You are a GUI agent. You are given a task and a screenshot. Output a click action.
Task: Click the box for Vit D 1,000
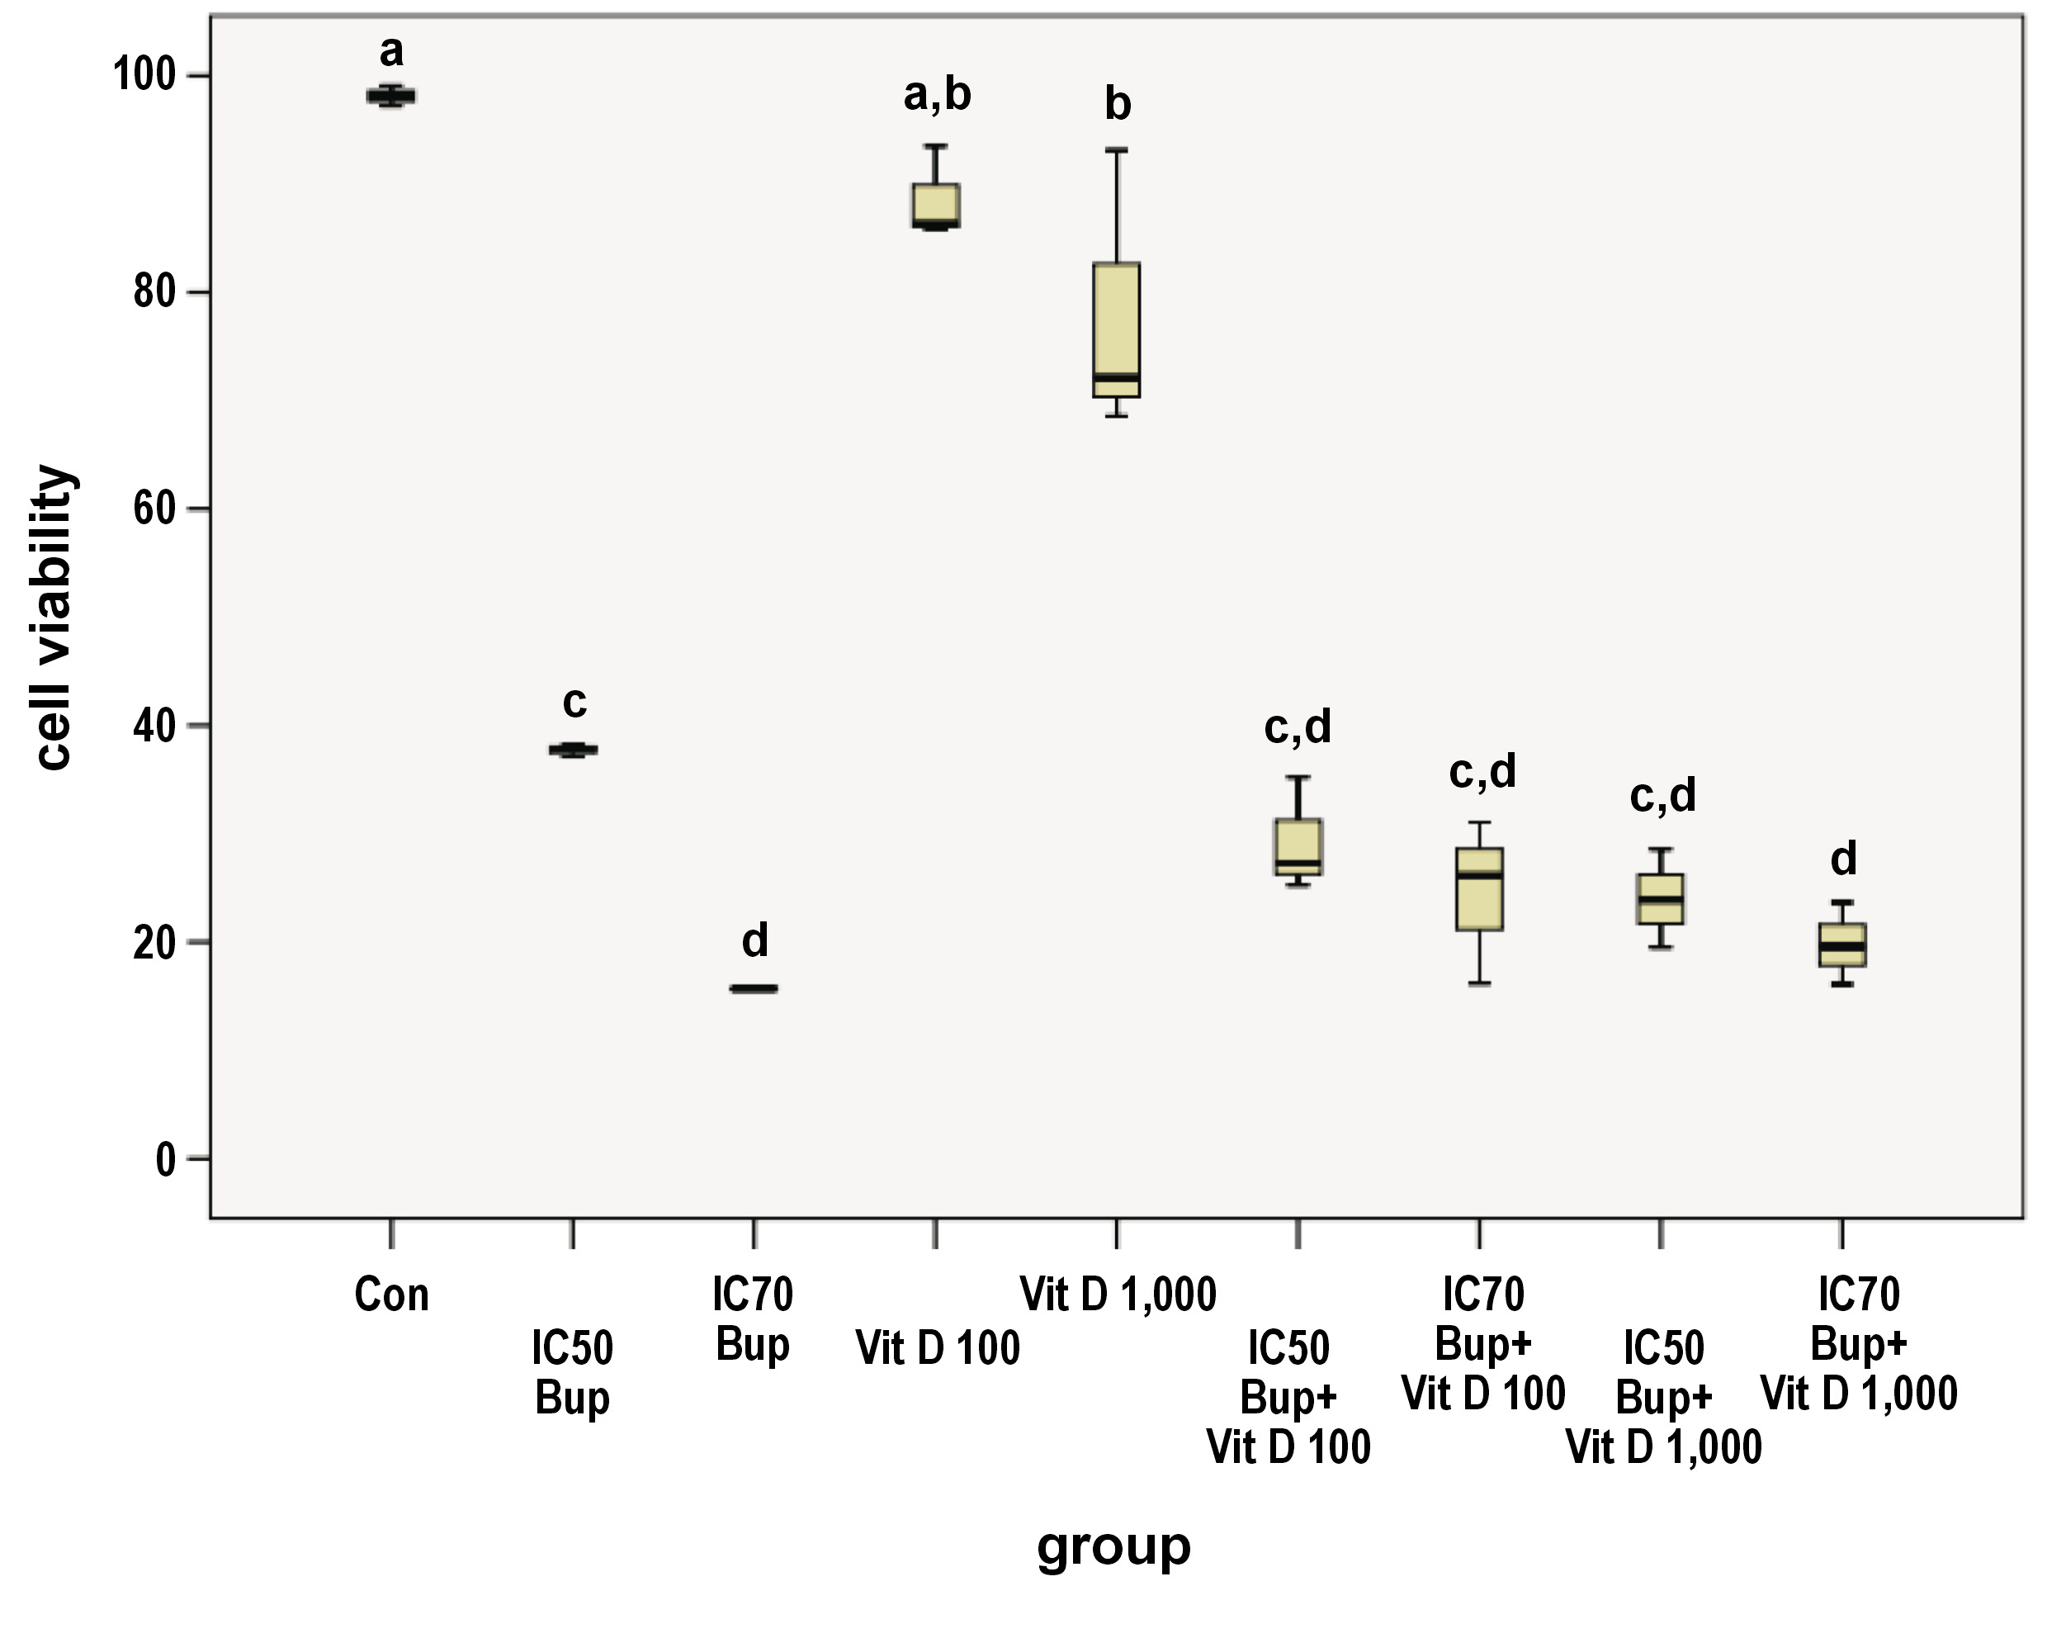click(x=1117, y=329)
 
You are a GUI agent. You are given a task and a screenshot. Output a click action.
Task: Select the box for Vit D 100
click(x=936, y=205)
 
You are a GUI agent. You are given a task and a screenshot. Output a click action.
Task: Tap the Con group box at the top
click(x=391, y=96)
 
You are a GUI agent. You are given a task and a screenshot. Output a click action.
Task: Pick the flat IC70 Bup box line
click(x=754, y=988)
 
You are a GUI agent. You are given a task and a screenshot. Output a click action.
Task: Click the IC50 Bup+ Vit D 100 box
click(x=1299, y=846)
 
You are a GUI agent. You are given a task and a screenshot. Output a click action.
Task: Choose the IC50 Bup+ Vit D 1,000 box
click(x=1660, y=898)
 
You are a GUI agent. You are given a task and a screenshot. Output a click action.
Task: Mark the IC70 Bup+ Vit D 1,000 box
click(x=1842, y=944)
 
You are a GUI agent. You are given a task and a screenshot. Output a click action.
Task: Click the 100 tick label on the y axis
click(x=144, y=74)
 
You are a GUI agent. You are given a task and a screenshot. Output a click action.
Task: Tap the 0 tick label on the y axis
click(x=167, y=1159)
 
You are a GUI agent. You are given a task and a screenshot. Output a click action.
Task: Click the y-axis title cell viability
click(x=55, y=618)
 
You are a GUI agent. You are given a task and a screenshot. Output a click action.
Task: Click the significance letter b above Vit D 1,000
click(x=1118, y=105)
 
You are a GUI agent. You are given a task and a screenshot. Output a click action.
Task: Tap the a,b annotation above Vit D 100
click(x=937, y=95)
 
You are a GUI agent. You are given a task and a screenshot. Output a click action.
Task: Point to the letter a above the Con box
click(x=391, y=51)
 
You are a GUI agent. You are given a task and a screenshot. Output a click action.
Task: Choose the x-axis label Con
click(x=391, y=1295)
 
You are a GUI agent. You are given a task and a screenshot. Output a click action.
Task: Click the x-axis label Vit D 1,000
click(x=1118, y=1295)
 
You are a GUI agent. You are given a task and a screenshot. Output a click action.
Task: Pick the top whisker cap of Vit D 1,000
click(x=1117, y=150)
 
